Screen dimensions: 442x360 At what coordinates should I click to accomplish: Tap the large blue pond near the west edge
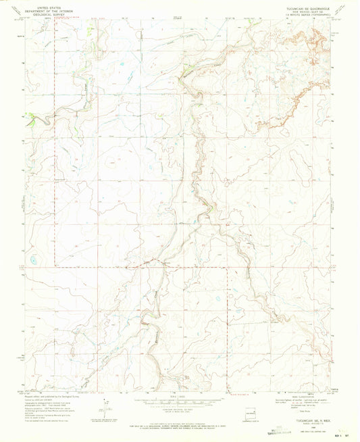[x=34, y=258]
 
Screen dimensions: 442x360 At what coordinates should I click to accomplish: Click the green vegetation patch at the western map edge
[x=29, y=122]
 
